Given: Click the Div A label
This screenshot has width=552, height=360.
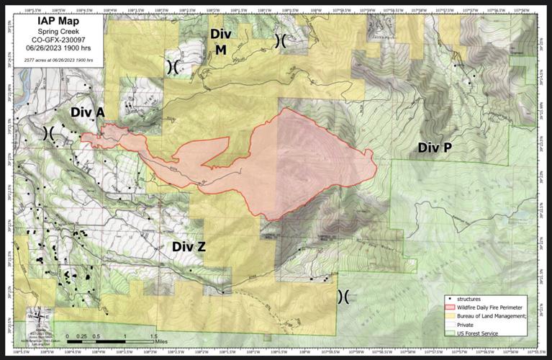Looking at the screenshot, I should [x=88, y=112].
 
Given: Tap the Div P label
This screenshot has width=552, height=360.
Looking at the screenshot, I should [x=435, y=148].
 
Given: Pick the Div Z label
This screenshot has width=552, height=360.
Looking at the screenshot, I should [x=189, y=247].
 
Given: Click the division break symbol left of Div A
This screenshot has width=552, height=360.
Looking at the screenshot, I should [x=51, y=132].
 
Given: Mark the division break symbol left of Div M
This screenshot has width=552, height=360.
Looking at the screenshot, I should [x=173, y=66].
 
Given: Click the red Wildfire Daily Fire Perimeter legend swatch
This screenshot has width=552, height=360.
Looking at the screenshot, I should [x=450, y=306].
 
